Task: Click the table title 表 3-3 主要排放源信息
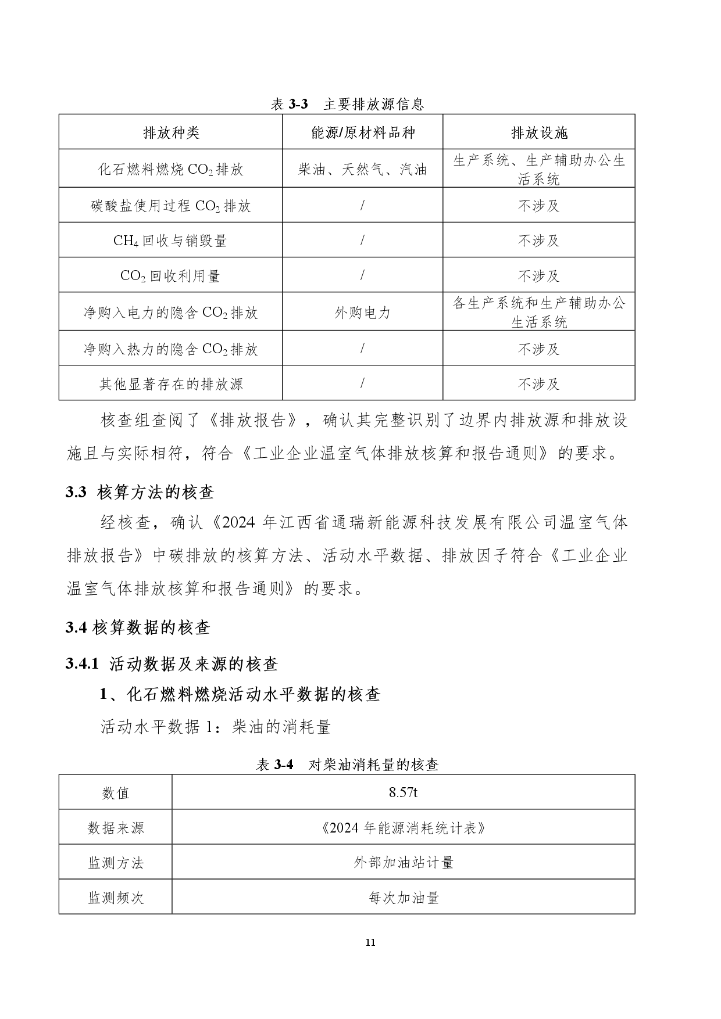[347, 104]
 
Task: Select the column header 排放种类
[171, 133]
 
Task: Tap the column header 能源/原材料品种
[363, 133]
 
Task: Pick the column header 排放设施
[538, 133]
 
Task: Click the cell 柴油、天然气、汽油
[363, 170]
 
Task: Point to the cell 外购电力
[363, 313]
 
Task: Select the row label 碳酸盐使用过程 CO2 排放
[171, 206]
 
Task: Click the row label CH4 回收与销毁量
[171, 241]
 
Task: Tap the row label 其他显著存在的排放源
[171, 384]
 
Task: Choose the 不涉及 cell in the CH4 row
[538, 241]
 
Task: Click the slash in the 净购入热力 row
[363, 349]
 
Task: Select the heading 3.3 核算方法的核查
[140, 493]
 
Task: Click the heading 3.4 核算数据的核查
[138, 627]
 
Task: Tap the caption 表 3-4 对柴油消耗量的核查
[347, 765]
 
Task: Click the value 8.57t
[403, 792]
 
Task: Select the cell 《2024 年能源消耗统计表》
[403, 827]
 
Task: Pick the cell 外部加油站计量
[403, 863]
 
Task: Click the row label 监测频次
[116, 898]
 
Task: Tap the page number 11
[370, 943]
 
